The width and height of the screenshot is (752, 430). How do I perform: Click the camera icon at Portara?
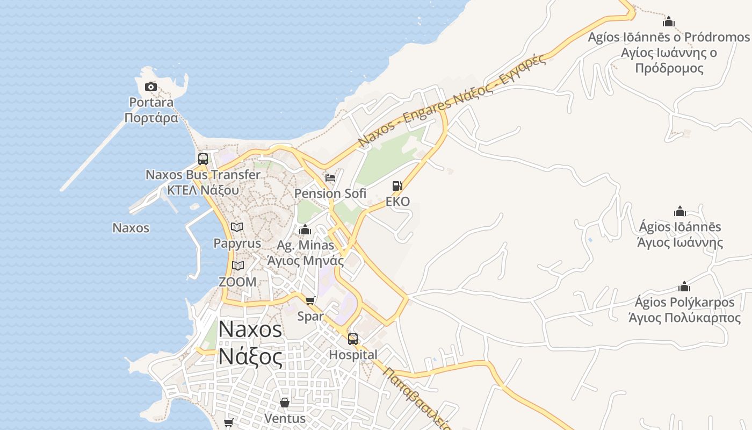(x=151, y=87)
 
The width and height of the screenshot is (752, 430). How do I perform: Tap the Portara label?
(x=151, y=110)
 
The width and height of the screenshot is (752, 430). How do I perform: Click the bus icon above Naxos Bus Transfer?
(x=203, y=159)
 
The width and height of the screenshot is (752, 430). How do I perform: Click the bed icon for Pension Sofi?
(x=330, y=177)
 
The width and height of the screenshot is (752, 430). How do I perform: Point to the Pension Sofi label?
(x=330, y=193)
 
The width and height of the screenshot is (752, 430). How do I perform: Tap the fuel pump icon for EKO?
(x=397, y=186)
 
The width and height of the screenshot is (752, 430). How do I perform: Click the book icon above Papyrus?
(x=237, y=227)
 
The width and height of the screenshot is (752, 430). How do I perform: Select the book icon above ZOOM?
(x=237, y=266)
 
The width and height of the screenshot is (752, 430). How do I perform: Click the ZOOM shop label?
(x=237, y=282)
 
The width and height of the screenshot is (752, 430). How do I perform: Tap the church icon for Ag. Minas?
(x=305, y=230)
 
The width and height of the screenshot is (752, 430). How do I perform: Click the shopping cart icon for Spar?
(x=310, y=300)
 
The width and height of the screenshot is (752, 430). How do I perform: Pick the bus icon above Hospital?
(x=353, y=339)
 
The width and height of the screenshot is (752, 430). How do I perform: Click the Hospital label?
(x=353, y=355)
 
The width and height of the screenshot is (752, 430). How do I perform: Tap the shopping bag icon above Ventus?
(x=285, y=402)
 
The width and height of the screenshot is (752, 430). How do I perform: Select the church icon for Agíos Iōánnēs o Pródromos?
(x=669, y=21)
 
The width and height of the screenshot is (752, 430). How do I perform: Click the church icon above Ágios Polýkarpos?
(x=684, y=286)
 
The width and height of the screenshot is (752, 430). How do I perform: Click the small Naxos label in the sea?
(x=131, y=228)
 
